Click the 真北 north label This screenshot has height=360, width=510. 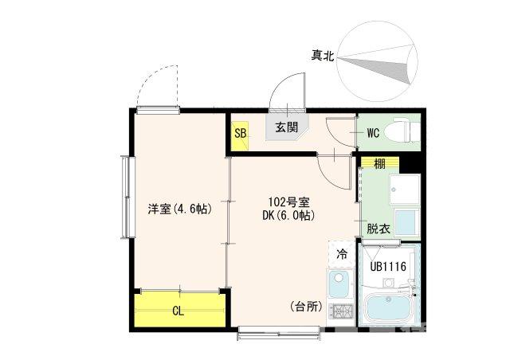(x=323, y=55)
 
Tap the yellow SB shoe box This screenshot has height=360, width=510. (x=240, y=133)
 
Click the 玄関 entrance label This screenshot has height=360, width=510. (x=286, y=127)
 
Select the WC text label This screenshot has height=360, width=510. (x=372, y=132)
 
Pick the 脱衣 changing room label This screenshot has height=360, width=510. (x=378, y=228)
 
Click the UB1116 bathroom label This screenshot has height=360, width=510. (x=389, y=267)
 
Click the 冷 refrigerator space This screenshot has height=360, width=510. (x=342, y=255)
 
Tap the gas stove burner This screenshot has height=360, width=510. (x=341, y=313)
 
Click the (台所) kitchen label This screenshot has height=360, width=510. (x=306, y=307)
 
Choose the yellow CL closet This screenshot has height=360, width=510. (x=179, y=311)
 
